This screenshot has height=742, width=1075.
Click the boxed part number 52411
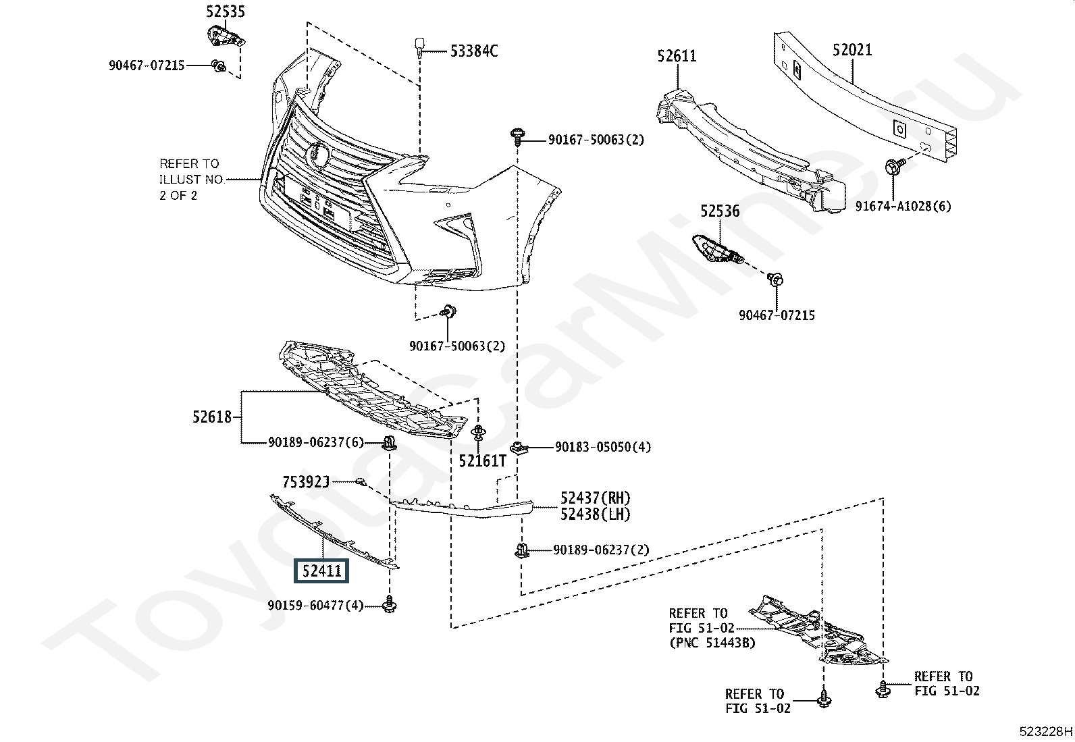[x=322, y=571]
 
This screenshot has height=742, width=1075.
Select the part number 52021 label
[x=851, y=50]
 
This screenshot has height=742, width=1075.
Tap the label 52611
[x=677, y=56]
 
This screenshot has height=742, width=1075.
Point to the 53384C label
[x=474, y=51]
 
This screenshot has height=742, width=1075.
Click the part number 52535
[x=226, y=11]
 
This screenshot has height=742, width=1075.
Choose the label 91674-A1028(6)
[x=903, y=206]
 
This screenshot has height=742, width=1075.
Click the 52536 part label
[x=719, y=211]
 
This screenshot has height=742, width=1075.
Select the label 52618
[x=212, y=417]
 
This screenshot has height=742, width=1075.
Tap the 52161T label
[x=482, y=461]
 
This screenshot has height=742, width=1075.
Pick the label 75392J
[x=305, y=481]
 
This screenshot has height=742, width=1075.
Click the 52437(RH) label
[x=595, y=498]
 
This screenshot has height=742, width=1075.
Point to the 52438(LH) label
[x=595, y=514]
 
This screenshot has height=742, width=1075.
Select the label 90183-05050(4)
[x=602, y=447]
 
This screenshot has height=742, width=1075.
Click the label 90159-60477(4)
[x=315, y=606]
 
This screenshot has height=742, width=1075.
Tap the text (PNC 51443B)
[x=712, y=643]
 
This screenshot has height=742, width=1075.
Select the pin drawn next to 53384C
[x=419, y=47]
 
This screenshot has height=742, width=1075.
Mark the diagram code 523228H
[x=1045, y=731]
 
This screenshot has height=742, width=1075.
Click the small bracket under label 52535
[x=224, y=36]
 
